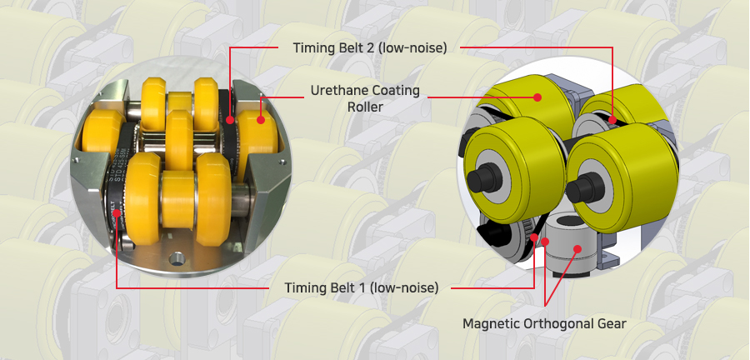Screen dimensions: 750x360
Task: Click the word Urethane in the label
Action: (x=338, y=90)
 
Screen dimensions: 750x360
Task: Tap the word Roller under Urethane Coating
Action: (x=365, y=107)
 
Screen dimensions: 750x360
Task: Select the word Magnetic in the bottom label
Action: (x=491, y=323)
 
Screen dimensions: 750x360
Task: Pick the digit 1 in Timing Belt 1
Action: (x=366, y=287)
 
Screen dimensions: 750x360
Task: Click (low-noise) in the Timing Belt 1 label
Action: (x=406, y=287)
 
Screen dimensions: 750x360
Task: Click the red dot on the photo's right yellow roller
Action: (x=261, y=119)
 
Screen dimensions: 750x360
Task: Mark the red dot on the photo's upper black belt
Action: (x=230, y=119)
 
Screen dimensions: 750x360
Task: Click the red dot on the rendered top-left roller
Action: (x=537, y=97)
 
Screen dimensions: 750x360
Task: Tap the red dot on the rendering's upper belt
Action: (x=612, y=118)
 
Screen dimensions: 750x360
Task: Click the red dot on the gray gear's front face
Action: (x=577, y=248)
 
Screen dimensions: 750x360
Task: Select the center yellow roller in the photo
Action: (x=179, y=140)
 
